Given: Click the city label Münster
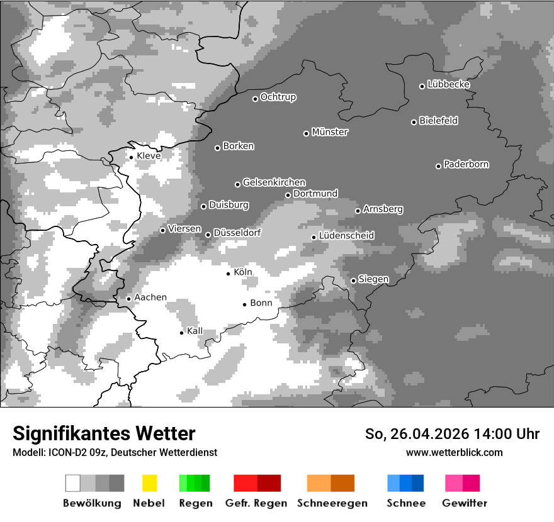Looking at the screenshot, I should [x=330, y=132].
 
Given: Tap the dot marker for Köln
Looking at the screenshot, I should [x=229, y=274].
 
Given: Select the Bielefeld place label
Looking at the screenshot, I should [x=439, y=121].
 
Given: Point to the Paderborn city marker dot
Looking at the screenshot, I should [x=438, y=166].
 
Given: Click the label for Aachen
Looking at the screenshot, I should [x=150, y=297].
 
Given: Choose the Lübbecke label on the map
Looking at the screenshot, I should [x=448, y=84].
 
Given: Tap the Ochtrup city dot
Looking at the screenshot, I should [x=255, y=99].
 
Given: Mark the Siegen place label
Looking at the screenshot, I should [x=373, y=279].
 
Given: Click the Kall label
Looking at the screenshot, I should [x=195, y=331].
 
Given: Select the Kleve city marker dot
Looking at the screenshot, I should [x=131, y=157].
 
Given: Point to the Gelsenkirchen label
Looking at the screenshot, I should [x=274, y=182].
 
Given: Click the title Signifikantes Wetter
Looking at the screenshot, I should [x=104, y=433].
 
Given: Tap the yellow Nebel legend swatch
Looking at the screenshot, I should [x=149, y=483].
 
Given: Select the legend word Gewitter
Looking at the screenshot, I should [x=465, y=503].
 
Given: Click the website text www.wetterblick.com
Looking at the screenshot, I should [x=454, y=452].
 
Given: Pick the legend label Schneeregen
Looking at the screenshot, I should [x=332, y=503].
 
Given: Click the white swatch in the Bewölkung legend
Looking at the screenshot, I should [x=73, y=483].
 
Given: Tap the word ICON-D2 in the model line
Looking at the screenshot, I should [x=65, y=452].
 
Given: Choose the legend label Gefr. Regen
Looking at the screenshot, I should [x=256, y=503].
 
